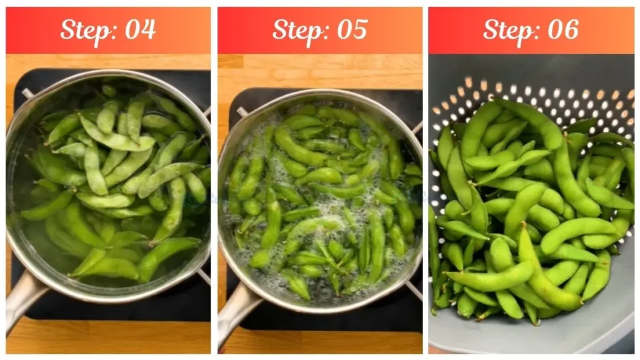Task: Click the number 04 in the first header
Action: (140, 29)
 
